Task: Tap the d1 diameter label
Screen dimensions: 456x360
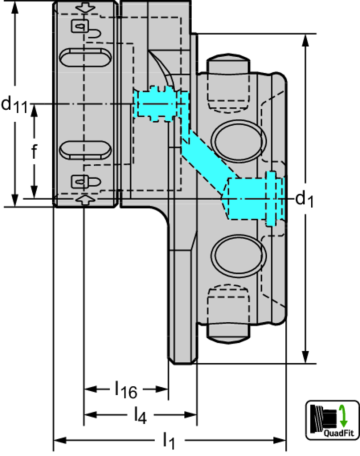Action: click(x=304, y=199)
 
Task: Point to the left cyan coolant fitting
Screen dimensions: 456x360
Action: click(x=154, y=101)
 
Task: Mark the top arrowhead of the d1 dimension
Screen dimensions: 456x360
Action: click(x=304, y=40)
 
